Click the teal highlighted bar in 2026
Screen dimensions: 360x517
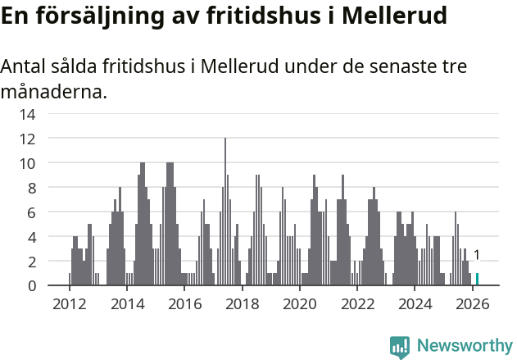pyautogui.click(x=477, y=279)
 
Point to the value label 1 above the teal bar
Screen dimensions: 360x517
pyautogui.click(x=477, y=256)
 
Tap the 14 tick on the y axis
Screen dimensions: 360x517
pyautogui.click(x=28, y=114)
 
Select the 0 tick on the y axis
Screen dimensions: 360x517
pyautogui.click(x=31, y=285)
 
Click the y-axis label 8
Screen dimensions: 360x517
pyautogui.click(x=31, y=188)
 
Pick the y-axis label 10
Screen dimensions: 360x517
pyautogui.click(x=28, y=163)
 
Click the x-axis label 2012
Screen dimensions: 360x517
pyautogui.click(x=69, y=303)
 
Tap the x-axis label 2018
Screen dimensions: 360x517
pyautogui.click(x=242, y=303)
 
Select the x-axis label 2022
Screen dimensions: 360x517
pyautogui.click(x=357, y=303)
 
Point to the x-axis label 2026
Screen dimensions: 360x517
pyautogui.click(x=472, y=303)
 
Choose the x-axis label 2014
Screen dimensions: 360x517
pyautogui.click(x=126, y=303)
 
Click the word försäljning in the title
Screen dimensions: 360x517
pyautogui.click(x=101, y=16)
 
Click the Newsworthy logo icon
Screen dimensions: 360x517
pyautogui.click(x=400, y=347)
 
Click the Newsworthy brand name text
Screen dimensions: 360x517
pyautogui.click(x=464, y=347)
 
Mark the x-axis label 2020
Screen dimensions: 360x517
pyautogui.click(x=299, y=303)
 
